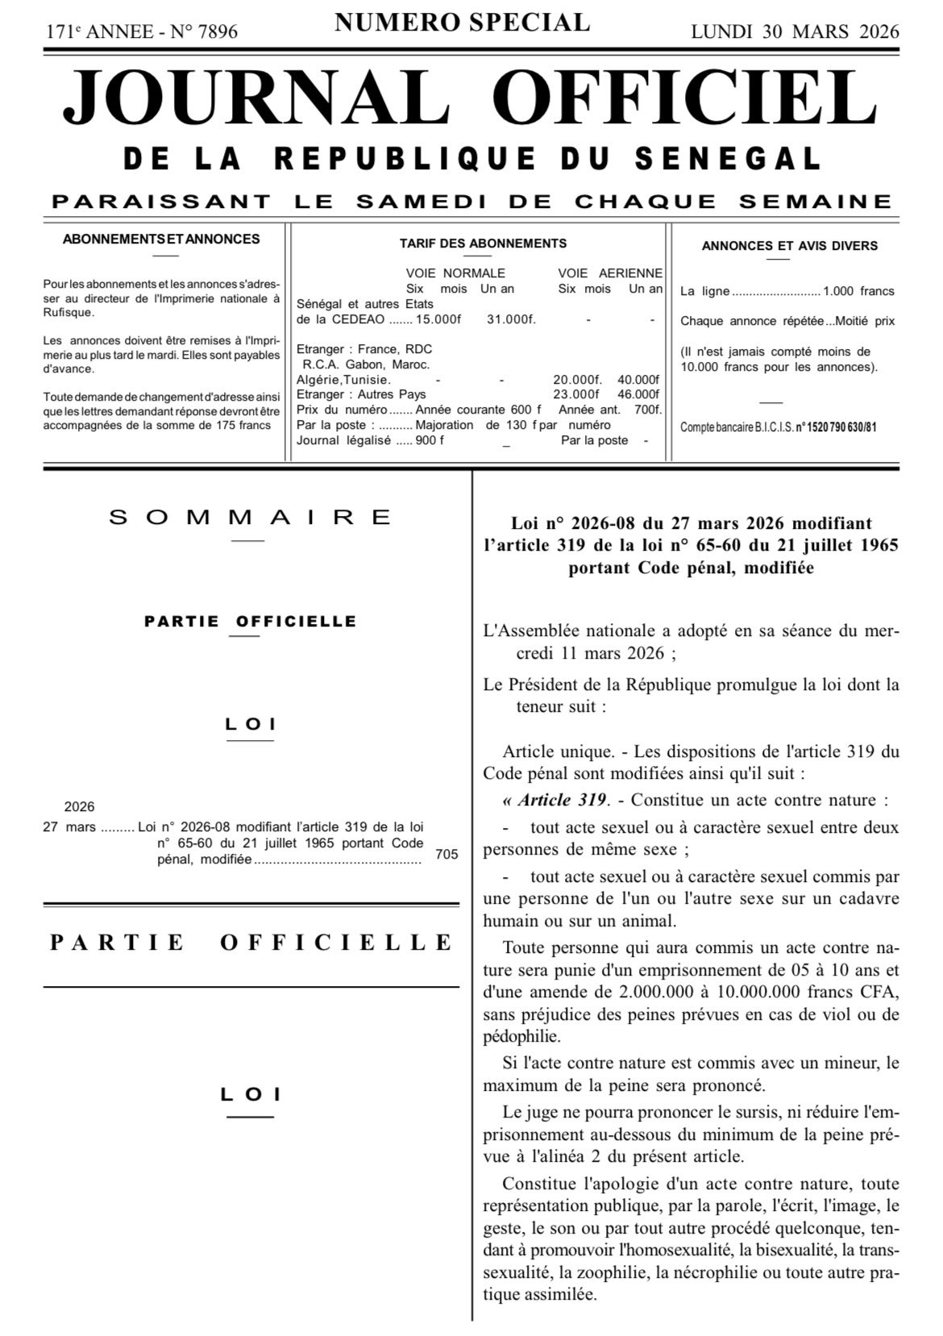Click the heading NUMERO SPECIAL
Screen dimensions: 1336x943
pyautogui.click(x=462, y=23)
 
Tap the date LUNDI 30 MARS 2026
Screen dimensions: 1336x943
pyautogui.click(x=795, y=32)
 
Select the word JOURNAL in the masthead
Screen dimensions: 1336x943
pyautogui.click(x=257, y=97)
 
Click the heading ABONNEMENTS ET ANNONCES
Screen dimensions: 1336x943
pyautogui.click(x=161, y=239)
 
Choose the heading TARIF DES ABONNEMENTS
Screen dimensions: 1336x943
pyautogui.click(x=483, y=243)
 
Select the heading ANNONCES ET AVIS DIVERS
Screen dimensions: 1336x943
pyautogui.click(x=789, y=246)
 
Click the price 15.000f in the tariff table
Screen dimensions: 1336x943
pyautogui.click(x=438, y=320)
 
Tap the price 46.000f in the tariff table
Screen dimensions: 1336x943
pyautogui.click(x=638, y=394)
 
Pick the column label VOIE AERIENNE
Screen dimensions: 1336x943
pyautogui.click(x=610, y=273)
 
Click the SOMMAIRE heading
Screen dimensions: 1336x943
pyautogui.click(x=251, y=518)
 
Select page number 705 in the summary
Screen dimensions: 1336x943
pyautogui.click(x=447, y=854)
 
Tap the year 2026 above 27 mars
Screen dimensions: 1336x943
pyautogui.click(x=79, y=807)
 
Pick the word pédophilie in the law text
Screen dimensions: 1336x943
pyautogui.click(x=520, y=1036)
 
